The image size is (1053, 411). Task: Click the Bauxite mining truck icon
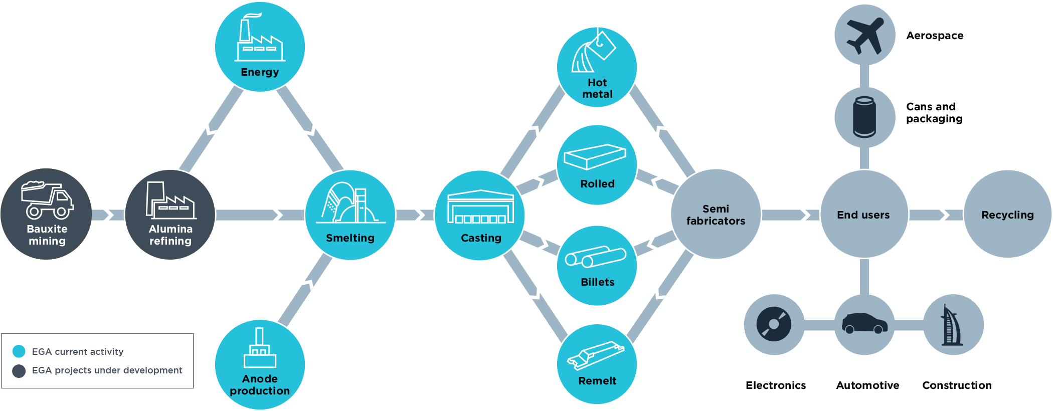coord(47,200)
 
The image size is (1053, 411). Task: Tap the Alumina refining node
coord(170,215)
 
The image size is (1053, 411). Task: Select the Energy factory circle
coord(260,47)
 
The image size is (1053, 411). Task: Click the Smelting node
coord(350,215)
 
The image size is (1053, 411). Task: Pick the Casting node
coord(480,215)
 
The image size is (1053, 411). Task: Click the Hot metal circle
coord(597,67)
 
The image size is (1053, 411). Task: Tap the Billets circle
coord(597,265)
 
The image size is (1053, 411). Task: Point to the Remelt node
coord(597,364)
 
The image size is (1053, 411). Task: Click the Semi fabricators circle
coord(716,215)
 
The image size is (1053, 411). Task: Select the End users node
coord(864,215)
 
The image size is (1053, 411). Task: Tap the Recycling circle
coord(1007,215)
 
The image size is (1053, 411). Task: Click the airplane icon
coord(865,35)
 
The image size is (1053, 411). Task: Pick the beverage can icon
coord(864,117)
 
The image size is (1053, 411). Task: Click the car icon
coord(864,324)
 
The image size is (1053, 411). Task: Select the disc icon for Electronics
coord(774,324)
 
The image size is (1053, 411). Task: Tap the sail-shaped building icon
coord(953,325)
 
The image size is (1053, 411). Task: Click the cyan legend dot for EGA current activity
coord(19,351)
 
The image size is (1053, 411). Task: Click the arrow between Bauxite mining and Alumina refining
coord(108,215)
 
